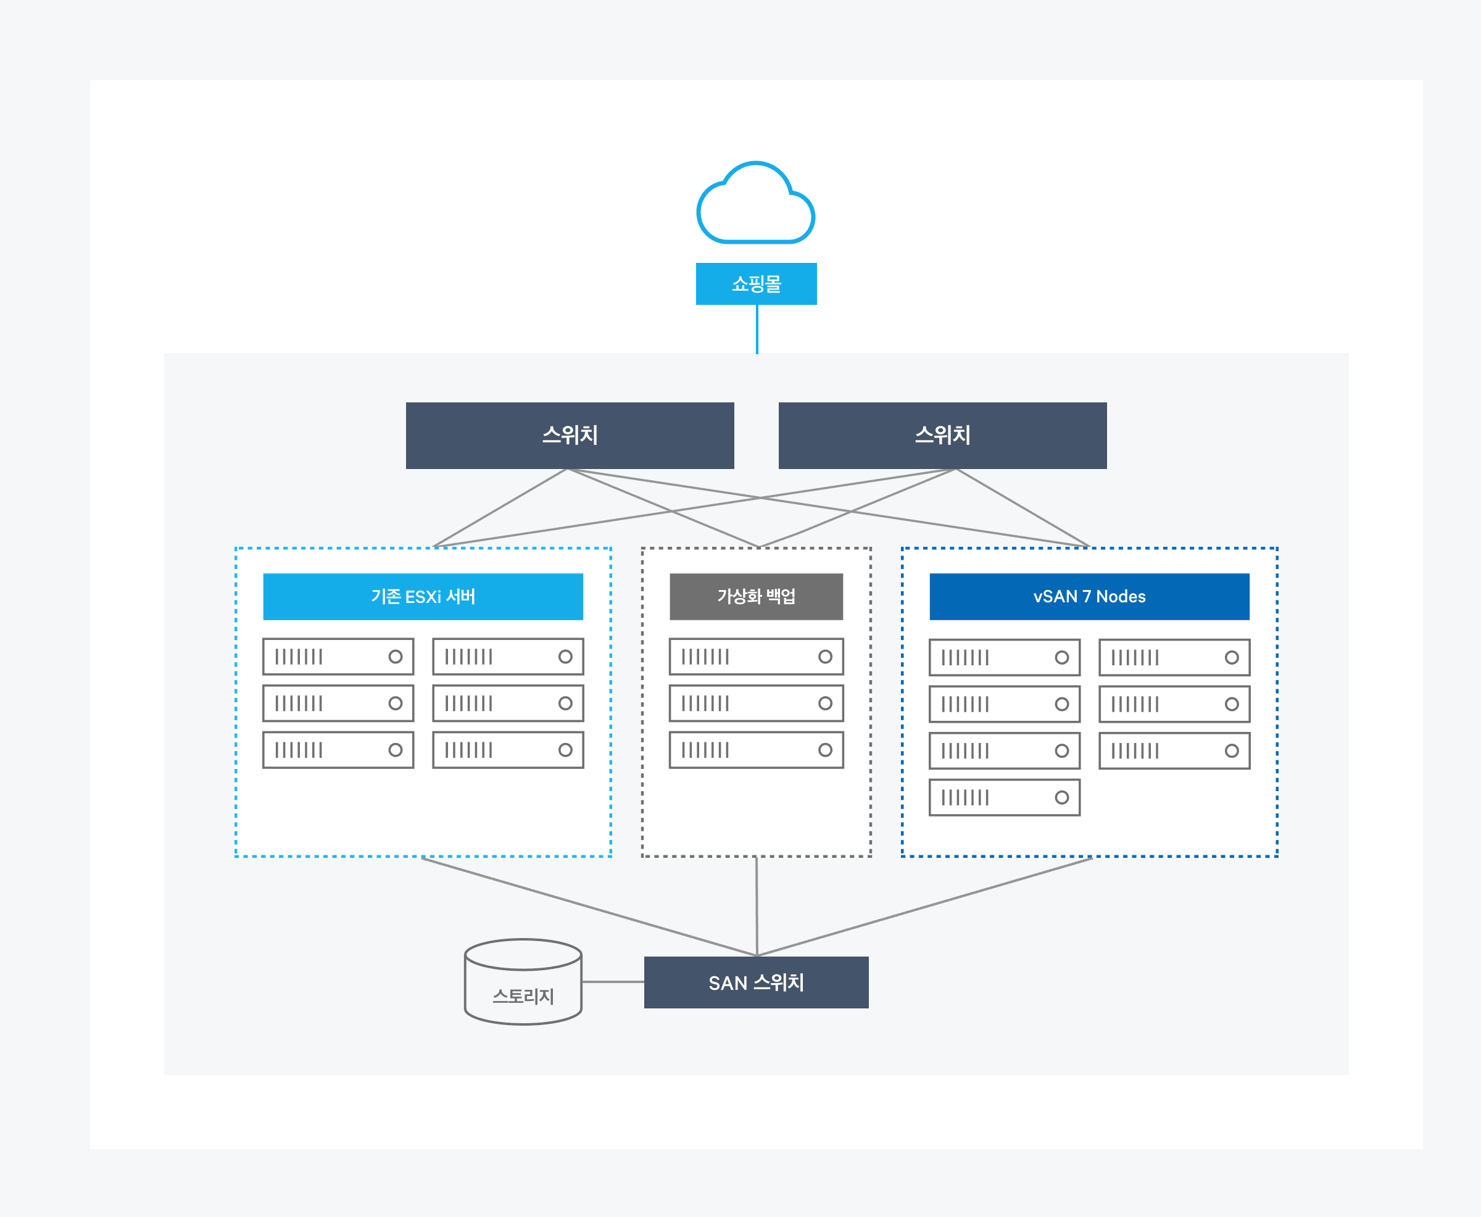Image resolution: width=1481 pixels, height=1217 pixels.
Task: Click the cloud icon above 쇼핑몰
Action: click(x=755, y=205)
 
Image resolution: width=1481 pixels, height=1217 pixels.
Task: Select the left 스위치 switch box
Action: click(x=569, y=435)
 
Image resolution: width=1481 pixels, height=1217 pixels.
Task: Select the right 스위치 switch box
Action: click(x=942, y=435)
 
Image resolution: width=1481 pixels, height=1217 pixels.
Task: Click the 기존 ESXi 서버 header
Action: click(x=423, y=597)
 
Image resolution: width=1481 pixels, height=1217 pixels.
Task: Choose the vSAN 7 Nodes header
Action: click(x=1089, y=597)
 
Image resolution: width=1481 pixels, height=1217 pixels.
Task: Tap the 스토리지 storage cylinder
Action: click(x=523, y=982)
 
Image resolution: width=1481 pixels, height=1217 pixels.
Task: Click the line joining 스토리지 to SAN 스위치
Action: click(x=613, y=981)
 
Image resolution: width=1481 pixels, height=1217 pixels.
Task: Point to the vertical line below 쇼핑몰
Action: click(x=757, y=329)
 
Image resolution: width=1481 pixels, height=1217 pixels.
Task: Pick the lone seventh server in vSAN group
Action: click(x=1004, y=797)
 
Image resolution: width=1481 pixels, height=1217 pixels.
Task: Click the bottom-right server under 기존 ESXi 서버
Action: click(x=507, y=750)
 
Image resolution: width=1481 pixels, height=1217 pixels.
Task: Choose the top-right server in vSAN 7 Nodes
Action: click(x=1174, y=658)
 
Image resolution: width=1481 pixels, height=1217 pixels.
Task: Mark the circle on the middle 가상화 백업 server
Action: click(x=825, y=703)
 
